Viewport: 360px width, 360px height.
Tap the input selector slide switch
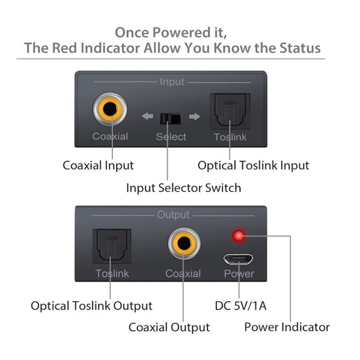tap(171, 118)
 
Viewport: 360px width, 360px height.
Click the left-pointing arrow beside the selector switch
tap(147, 117)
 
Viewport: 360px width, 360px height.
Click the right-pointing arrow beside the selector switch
tap(194, 117)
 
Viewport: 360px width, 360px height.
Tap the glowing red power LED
tap(238, 235)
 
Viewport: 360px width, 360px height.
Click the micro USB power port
tap(238, 259)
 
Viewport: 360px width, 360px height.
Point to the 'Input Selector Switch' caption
tap(183, 188)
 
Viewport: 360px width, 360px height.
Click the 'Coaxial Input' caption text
tap(98, 165)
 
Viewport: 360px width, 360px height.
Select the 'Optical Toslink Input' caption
tap(253, 165)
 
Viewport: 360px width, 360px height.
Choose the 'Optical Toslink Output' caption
tap(91, 306)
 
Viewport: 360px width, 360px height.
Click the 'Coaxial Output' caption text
tap(169, 327)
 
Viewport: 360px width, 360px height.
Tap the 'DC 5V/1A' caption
tap(241, 306)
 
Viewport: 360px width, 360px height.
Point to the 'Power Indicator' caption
tap(287, 327)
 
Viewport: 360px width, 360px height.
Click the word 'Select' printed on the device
tap(171, 137)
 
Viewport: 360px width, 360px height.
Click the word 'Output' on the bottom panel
tap(173, 215)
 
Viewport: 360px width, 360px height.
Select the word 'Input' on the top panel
tap(172, 82)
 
